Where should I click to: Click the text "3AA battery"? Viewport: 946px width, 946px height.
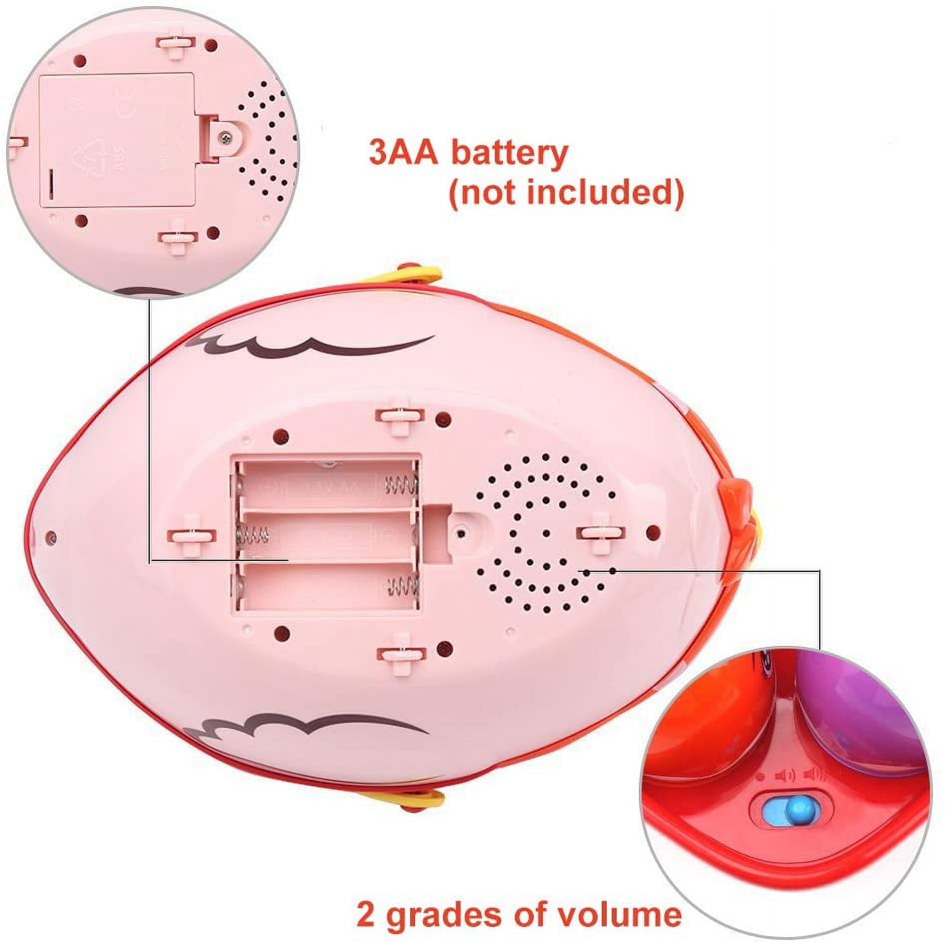(468, 153)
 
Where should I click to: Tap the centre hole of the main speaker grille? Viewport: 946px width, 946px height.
(545, 532)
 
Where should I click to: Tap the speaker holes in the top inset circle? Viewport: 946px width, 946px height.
(264, 145)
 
